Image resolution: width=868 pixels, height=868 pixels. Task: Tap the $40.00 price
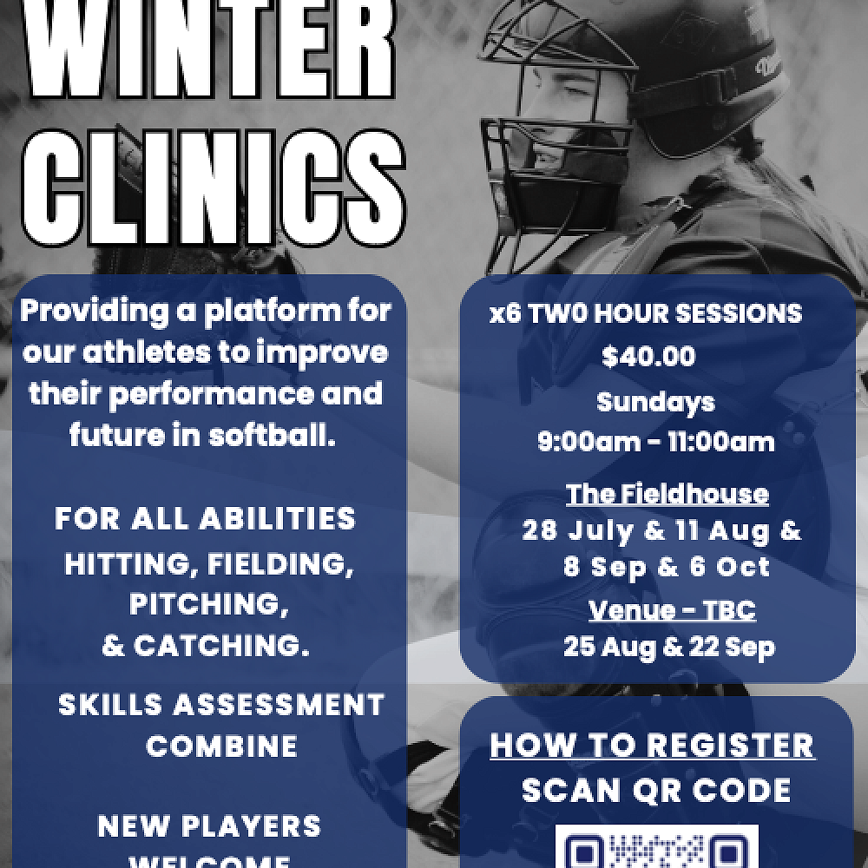click(x=648, y=357)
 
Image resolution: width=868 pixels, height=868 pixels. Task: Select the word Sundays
click(x=655, y=402)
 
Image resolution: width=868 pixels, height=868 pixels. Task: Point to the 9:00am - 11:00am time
click(x=655, y=442)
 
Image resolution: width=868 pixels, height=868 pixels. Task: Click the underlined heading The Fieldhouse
click(x=667, y=494)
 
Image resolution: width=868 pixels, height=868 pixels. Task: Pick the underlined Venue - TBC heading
click(x=671, y=610)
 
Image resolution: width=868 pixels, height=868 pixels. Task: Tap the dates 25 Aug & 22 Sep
click(x=668, y=647)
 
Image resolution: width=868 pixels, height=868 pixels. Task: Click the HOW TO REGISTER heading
click(x=652, y=746)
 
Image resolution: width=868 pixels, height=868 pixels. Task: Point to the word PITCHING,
click(x=209, y=604)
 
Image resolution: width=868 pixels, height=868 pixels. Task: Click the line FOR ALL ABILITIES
click(x=205, y=518)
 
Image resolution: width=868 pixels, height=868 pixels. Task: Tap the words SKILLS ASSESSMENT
click(x=220, y=704)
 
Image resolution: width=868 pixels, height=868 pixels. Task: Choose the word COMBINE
click(x=221, y=746)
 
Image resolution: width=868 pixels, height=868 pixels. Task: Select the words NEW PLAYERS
click(x=208, y=825)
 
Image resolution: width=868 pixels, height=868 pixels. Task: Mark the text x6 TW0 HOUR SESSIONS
click(x=646, y=313)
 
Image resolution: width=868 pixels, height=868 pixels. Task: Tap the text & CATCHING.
click(x=206, y=647)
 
